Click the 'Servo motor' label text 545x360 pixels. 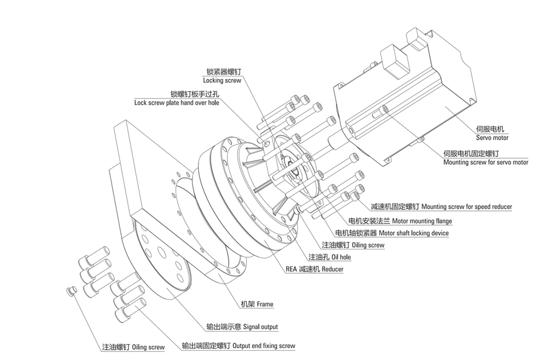tap(492, 138)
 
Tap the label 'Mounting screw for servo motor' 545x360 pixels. tap(486, 162)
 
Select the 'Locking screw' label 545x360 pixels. tap(222, 80)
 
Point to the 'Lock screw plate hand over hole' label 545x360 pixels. tap(177, 103)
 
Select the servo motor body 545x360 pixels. tap(409, 114)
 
